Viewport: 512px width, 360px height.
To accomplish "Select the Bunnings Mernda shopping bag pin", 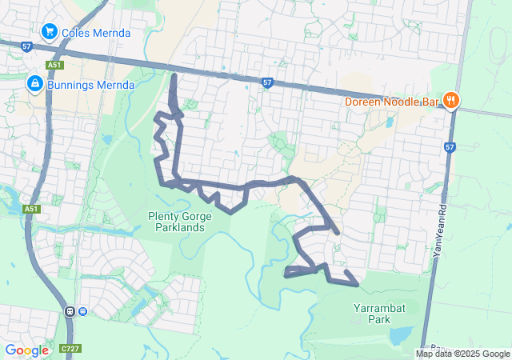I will click(x=35, y=83).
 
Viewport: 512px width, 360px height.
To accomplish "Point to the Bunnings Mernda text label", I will click(x=89, y=84).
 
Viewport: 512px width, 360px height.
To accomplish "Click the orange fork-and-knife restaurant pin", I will click(x=451, y=101).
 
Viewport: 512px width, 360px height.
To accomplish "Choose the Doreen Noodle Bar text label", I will click(x=393, y=102).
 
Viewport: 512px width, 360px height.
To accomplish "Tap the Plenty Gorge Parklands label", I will click(x=176, y=222).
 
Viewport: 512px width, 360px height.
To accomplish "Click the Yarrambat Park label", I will click(x=372, y=313).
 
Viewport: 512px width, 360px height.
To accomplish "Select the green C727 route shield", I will click(x=69, y=350).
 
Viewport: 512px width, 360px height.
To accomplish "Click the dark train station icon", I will click(x=70, y=311).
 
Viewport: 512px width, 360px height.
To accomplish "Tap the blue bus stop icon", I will click(x=82, y=311).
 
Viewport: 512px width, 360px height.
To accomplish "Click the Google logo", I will click(x=26, y=350).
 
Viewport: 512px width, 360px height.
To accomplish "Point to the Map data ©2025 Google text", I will click(x=463, y=354).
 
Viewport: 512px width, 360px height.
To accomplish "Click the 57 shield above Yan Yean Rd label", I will click(x=450, y=147).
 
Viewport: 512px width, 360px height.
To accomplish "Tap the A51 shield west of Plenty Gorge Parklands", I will click(x=31, y=209).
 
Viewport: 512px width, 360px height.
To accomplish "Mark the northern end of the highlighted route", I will click(x=174, y=75).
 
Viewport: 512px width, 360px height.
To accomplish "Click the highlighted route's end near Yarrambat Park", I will click(x=355, y=282).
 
